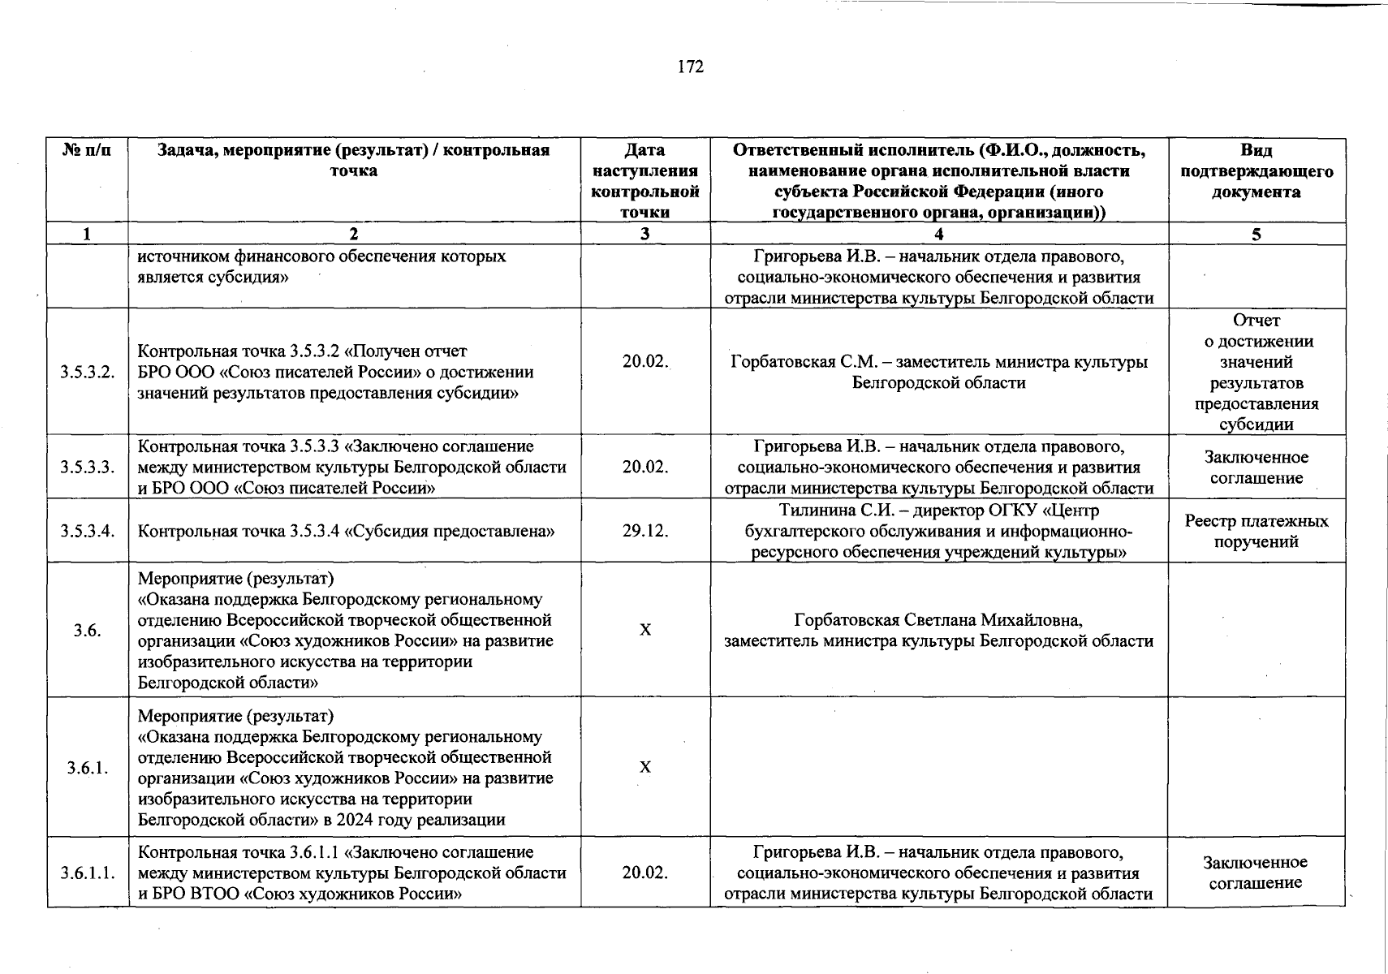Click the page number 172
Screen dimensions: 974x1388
[x=690, y=67]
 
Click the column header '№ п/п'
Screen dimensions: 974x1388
[x=87, y=151]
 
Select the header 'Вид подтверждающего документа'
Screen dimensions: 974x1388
[x=1256, y=171]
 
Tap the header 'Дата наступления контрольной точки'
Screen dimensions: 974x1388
[x=645, y=181]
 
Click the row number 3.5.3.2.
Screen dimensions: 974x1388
[x=87, y=373]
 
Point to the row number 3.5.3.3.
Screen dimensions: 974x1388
[x=87, y=468]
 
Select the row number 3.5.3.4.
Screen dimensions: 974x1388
[x=87, y=532]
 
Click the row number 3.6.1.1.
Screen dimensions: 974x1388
[x=87, y=873]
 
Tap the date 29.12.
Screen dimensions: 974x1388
[x=645, y=532]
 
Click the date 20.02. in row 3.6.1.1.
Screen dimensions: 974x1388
[x=645, y=873]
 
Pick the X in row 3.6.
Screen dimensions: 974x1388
[x=645, y=631]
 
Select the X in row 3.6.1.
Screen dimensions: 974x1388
[x=645, y=768]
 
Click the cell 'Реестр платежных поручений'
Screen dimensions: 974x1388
[x=1256, y=532]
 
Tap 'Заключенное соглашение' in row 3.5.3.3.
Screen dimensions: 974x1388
[x=1256, y=468]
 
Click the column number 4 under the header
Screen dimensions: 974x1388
[x=938, y=235]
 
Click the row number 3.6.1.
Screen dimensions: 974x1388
[x=87, y=768]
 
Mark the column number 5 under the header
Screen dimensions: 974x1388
[x=1256, y=235]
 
